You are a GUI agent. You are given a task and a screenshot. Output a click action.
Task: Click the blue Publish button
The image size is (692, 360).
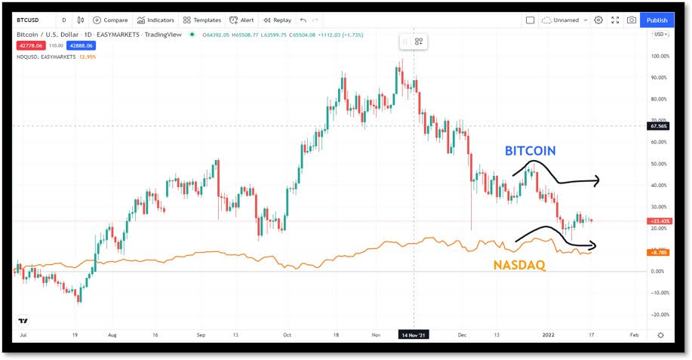657,20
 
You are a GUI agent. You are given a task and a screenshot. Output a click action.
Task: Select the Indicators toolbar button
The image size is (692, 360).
155,20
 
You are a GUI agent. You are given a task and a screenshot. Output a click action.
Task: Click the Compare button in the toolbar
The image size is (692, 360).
110,20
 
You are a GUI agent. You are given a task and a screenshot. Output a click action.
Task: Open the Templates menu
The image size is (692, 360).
201,20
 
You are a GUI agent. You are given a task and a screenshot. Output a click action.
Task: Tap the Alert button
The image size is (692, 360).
242,20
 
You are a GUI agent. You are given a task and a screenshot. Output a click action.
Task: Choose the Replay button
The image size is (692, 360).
277,20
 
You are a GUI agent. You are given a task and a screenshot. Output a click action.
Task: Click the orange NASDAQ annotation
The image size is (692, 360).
521,265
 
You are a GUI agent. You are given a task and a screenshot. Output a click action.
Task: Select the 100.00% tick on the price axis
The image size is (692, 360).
660,56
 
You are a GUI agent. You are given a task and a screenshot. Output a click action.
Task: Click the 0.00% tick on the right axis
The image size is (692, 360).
660,271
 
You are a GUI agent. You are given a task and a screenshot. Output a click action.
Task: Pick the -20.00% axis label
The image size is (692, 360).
660,315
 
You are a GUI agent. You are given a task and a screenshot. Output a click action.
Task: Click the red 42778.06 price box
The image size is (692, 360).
32,45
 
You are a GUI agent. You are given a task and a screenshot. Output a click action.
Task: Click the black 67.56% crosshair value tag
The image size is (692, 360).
659,126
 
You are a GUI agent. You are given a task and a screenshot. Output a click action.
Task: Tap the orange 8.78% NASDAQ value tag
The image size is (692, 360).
659,252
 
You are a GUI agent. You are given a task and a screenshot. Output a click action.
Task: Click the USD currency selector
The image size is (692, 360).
660,35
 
